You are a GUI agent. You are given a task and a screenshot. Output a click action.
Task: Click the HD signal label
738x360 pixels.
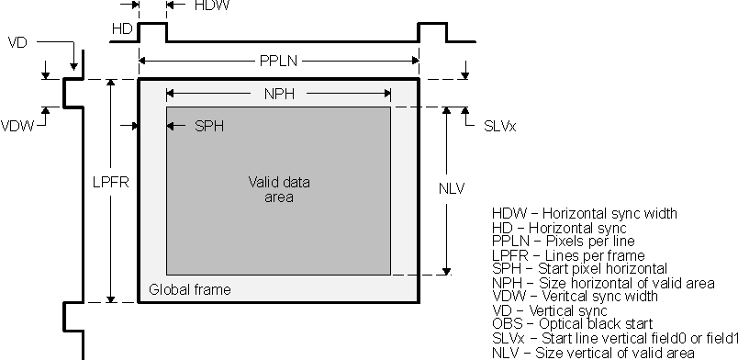121,29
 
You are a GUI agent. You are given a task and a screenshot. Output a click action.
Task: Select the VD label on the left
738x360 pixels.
17,43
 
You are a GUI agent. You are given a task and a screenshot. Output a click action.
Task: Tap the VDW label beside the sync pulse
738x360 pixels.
17,125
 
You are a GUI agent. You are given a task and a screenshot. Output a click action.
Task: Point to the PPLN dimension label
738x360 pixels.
278,61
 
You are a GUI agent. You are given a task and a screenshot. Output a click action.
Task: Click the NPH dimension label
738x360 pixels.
278,94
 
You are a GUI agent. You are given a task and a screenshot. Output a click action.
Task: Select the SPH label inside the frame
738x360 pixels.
208,126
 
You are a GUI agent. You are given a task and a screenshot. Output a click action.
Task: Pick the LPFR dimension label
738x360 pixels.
111,181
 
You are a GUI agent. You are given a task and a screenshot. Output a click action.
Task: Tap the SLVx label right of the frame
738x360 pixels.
499,126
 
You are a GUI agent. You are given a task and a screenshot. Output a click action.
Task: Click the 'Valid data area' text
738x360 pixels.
277,189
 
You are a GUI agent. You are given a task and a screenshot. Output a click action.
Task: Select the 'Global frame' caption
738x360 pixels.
190,290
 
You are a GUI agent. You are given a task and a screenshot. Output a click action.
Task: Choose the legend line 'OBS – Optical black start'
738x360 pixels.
572,324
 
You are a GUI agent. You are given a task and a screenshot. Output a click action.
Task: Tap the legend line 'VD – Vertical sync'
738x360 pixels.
553,310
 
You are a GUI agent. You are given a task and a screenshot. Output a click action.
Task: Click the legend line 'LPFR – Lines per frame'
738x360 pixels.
567,255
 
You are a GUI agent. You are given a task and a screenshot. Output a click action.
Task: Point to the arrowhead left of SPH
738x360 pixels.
172,126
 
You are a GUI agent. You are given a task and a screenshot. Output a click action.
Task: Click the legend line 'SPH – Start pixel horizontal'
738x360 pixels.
579,269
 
